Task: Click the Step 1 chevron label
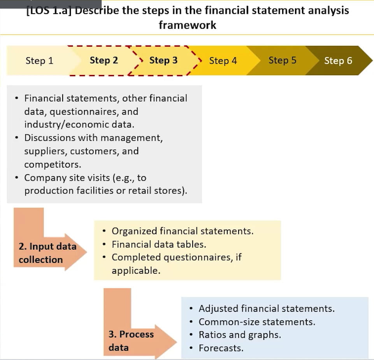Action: [x=39, y=61]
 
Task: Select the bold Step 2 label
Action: [x=104, y=61]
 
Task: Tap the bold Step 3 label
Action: [x=163, y=61]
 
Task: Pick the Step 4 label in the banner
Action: [x=223, y=61]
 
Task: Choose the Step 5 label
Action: [x=283, y=61]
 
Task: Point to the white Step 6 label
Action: [x=338, y=61]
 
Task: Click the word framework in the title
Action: [x=188, y=25]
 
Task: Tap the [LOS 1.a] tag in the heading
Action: [x=49, y=11]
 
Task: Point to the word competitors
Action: [x=53, y=164]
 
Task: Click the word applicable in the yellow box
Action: [x=136, y=271]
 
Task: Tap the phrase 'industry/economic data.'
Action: [x=79, y=125]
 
